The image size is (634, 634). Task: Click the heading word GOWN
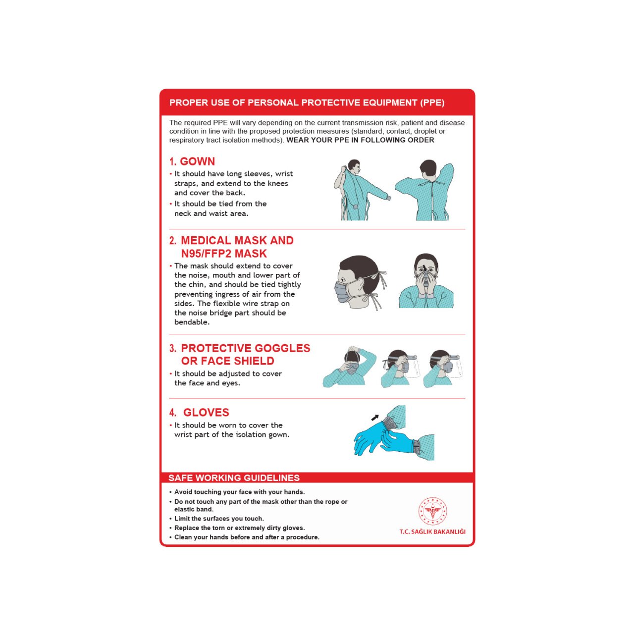pyautogui.click(x=198, y=161)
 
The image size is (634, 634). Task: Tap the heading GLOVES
pyautogui.click(x=206, y=413)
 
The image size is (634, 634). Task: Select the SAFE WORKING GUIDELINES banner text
pyautogui.click(x=234, y=477)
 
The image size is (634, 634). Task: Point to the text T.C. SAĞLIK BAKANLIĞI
pyautogui.click(x=432, y=531)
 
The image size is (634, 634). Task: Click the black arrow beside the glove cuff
pyautogui.click(x=375, y=418)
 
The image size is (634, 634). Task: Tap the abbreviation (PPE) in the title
pyautogui.click(x=432, y=103)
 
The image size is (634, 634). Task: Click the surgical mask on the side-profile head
pyautogui.click(x=342, y=292)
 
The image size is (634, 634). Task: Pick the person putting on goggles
pyautogui.click(x=350, y=367)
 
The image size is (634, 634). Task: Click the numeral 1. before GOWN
pyautogui.click(x=173, y=161)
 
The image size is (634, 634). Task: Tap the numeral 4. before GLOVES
pyautogui.click(x=173, y=413)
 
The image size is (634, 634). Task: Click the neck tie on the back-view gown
pyautogui.click(x=431, y=183)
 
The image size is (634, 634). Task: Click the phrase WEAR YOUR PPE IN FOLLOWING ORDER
pyautogui.click(x=360, y=140)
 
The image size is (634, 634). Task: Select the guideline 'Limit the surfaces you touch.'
pyautogui.click(x=219, y=519)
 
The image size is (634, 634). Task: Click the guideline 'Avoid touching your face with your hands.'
pyautogui.click(x=240, y=492)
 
